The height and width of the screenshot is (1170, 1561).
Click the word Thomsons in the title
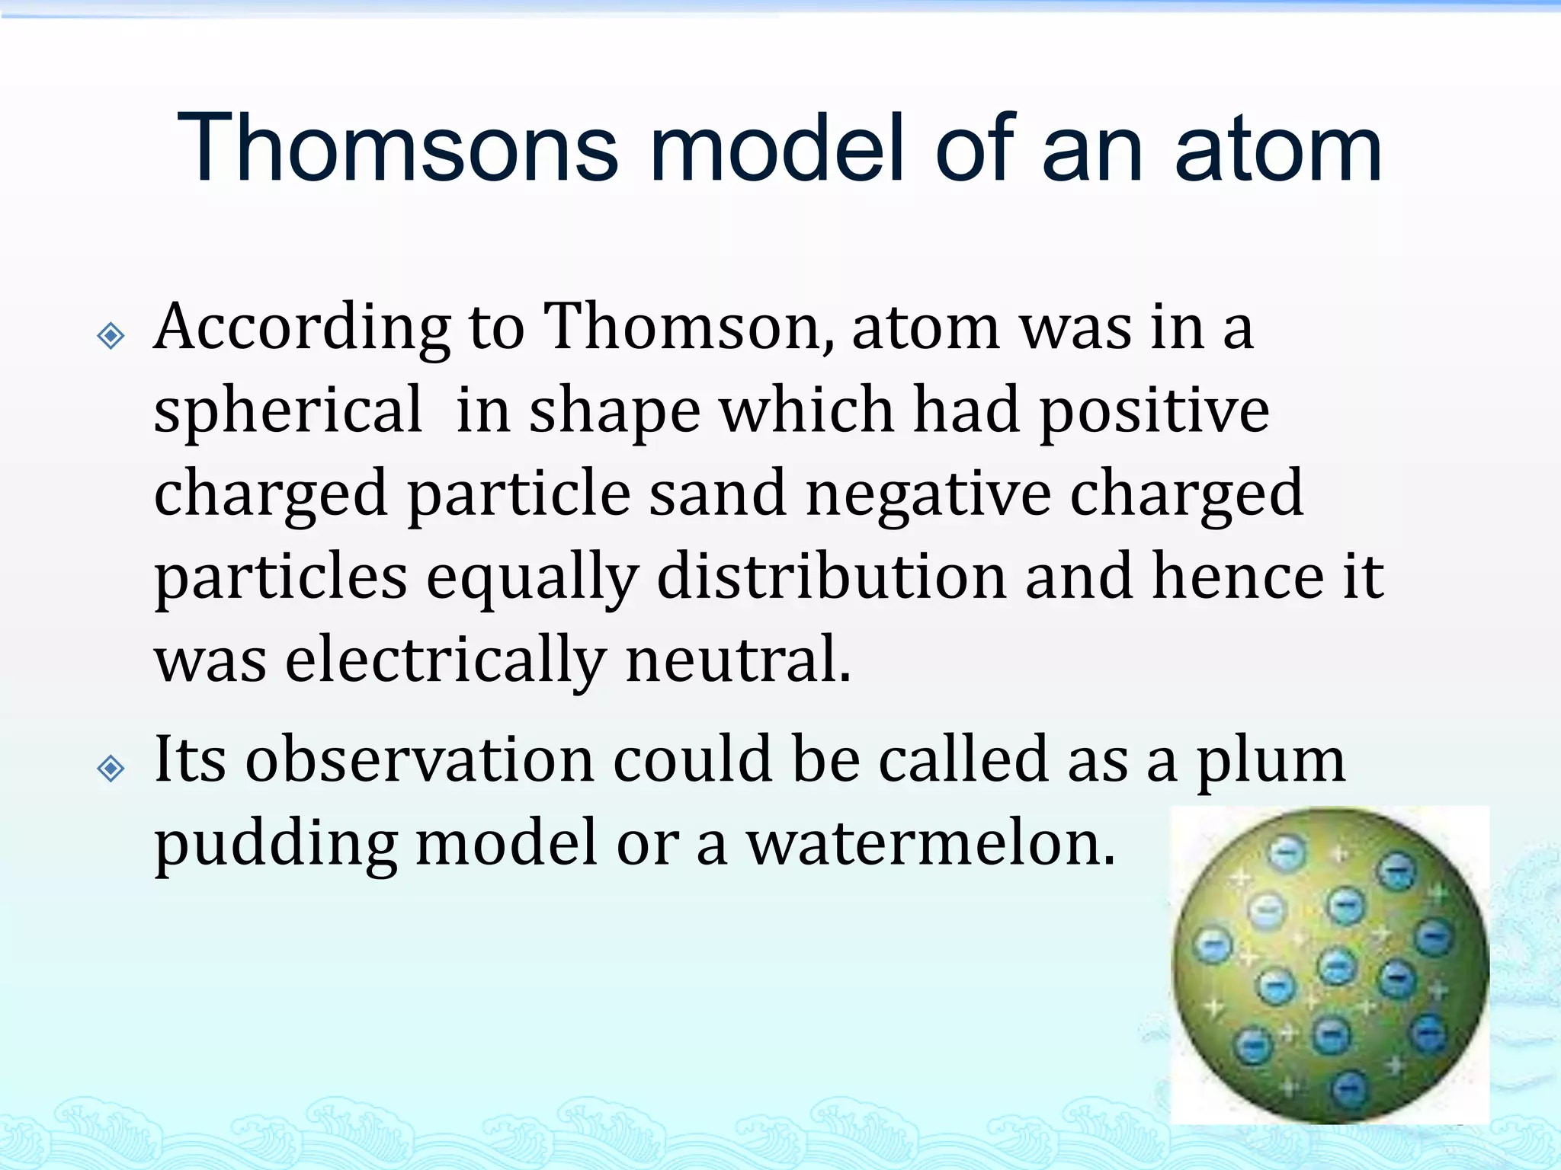point(397,149)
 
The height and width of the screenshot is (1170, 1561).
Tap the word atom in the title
point(1278,149)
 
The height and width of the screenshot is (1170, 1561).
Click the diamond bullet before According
point(111,335)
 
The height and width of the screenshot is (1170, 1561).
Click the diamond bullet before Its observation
point(111,768)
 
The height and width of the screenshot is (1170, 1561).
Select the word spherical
point(288,411)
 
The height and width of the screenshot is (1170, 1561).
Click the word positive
point(1155,411)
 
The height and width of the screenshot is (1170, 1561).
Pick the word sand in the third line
point(717,494)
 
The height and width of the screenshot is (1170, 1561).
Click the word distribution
point(832,577)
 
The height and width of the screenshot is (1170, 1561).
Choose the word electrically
point(446,660)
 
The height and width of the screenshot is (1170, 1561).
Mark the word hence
point(1239,577)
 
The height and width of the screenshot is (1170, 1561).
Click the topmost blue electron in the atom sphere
point(1287,853)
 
